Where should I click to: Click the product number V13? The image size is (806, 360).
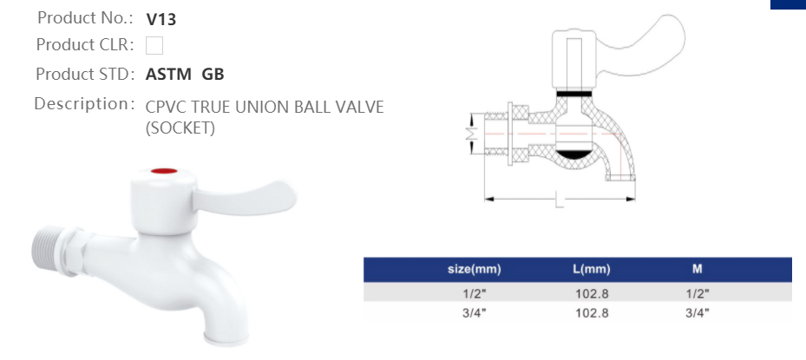(161, 18)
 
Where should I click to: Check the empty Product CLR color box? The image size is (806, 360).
(154, 45)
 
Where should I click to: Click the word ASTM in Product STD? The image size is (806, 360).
(169, 74)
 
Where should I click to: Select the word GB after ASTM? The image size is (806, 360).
(213, 74)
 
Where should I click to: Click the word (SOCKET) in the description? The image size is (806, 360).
(180, 128)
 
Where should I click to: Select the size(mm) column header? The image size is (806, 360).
(474, 270)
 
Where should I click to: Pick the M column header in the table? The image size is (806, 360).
(697, 270)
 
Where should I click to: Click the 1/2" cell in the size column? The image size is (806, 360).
(474, 293)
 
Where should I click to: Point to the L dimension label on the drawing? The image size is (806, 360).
(560, 201)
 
